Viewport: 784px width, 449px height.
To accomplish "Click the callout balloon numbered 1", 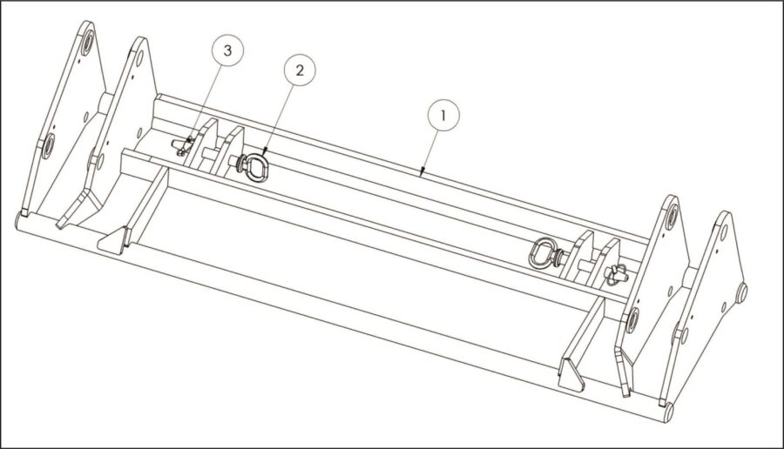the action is click(443, 116).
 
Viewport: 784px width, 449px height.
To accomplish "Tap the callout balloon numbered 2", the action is click(300, 70).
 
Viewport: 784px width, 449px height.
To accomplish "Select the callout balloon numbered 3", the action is click(227, 50).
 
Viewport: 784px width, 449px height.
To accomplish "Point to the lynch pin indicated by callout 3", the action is click(184, 146).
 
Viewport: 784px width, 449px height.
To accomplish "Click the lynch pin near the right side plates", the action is click(617, 275).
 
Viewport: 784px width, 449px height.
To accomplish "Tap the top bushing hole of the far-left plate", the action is click(87, 43).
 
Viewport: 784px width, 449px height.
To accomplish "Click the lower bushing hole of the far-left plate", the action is click(48, 146).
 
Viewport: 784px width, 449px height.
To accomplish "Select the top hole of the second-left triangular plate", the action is click(139, 58).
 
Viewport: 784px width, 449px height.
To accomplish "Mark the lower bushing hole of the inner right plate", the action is click(632, 319).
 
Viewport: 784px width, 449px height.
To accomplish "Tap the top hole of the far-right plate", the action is click(724, 231).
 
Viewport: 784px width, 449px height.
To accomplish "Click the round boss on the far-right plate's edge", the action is click(742, 292).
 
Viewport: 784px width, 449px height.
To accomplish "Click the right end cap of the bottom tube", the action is click(668, 412).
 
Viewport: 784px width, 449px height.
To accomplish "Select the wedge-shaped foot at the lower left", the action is click(112, 241).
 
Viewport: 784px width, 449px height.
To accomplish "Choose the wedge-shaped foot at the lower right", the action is click(571, 374).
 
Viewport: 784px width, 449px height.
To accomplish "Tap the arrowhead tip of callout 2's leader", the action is click(263, 154).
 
